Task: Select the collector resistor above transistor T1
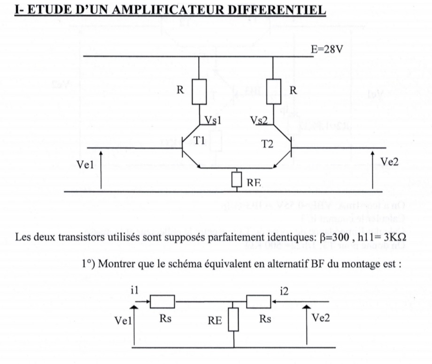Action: point(199,92)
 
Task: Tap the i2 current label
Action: point(284,292)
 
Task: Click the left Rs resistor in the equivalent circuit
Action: point(162,301)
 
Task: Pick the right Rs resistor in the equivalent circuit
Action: point(259,301)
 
